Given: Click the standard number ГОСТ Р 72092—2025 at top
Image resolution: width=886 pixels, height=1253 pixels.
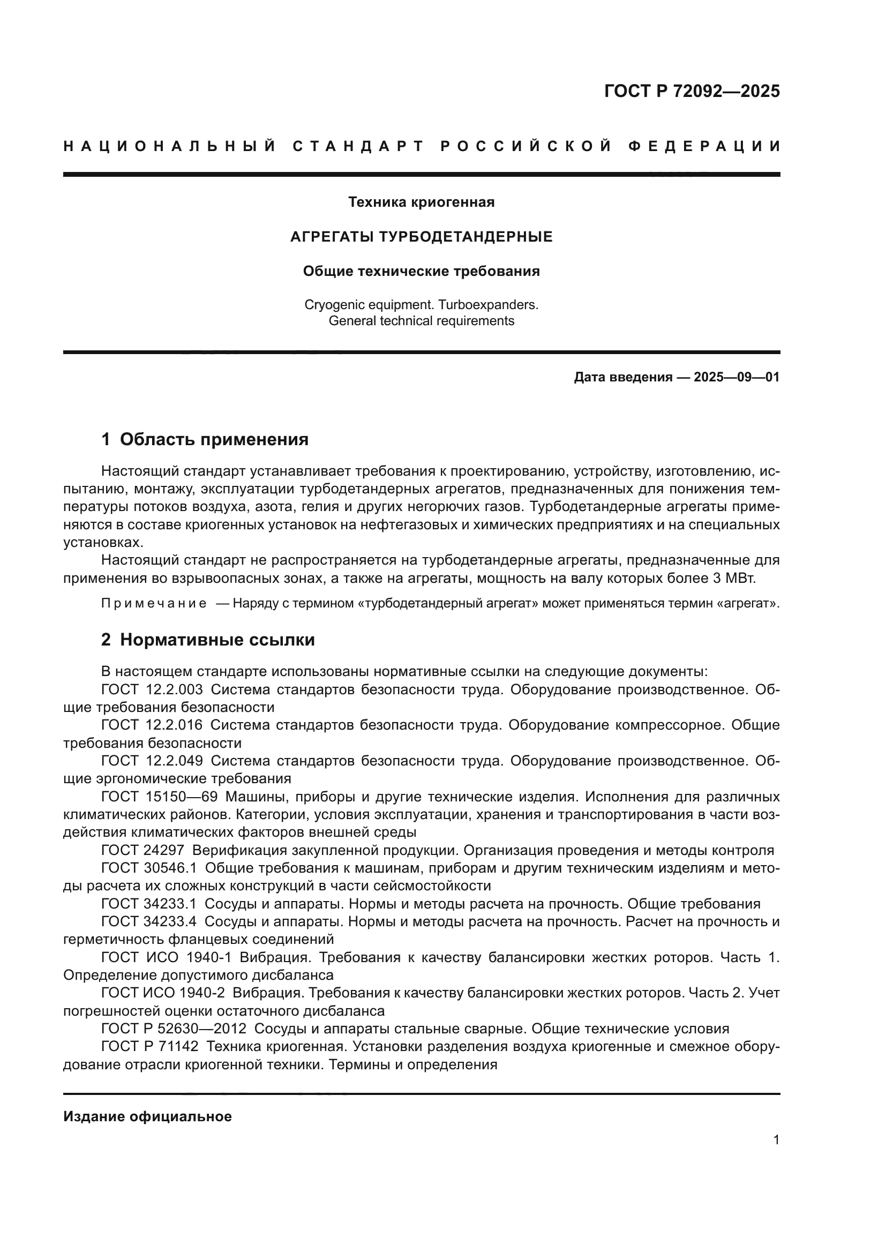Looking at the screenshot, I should point(691,91).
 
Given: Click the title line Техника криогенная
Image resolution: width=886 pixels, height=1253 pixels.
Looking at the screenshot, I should point(421,202).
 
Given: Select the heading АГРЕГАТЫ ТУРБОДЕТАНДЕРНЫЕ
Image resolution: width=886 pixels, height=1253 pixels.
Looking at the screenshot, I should point(421,237).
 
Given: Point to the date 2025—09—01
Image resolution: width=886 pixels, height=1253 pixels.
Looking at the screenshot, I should point(737,377).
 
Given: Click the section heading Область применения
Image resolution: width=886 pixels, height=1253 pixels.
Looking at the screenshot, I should point(214,439).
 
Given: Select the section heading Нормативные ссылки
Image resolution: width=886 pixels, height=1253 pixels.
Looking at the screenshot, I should point(217,640).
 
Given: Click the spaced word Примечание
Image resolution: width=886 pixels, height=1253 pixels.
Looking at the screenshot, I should point(154,604).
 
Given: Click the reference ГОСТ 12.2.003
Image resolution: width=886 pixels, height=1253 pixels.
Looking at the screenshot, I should point(152,689).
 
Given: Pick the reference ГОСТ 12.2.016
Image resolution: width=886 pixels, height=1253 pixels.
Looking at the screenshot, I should point(152,725).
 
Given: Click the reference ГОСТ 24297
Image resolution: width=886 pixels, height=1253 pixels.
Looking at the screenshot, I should point(143,850).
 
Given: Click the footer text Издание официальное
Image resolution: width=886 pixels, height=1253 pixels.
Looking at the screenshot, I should point(147,1116).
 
